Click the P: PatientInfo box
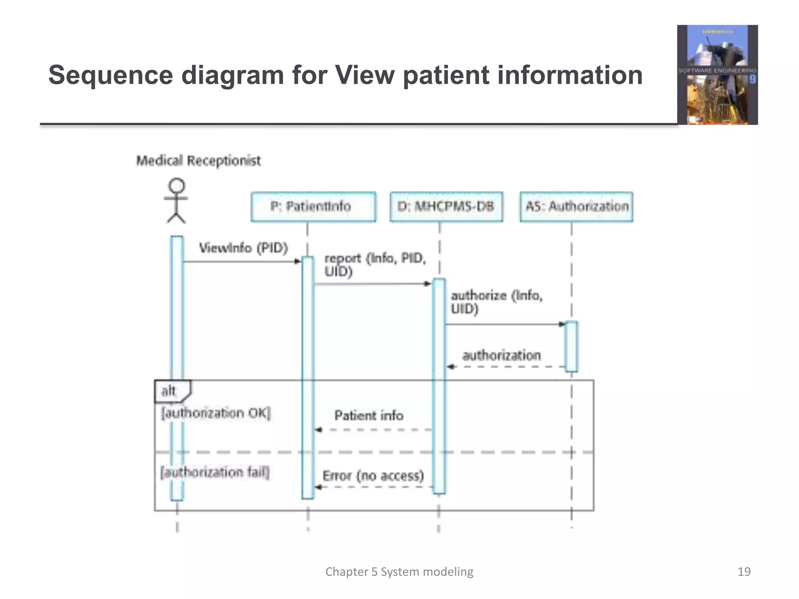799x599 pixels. [x=313, y=207]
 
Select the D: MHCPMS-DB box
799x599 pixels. [x=446, y=207]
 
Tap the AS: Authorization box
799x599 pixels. [x=576, y=207]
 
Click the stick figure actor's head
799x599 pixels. [x=177, y=186]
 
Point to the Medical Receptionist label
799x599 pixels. [x=198, y=161]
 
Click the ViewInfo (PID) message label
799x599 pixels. [x=243, y=248]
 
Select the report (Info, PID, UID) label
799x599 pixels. [x=375, y=264]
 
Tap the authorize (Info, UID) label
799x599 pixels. [x=496, y=302]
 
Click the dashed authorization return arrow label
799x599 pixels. [x=501, y=355]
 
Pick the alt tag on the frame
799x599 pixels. [x=169, y=391]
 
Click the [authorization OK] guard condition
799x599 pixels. [x=216, y=413]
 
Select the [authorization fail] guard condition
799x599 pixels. [x=215, y=472]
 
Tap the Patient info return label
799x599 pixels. [x=369, y=416]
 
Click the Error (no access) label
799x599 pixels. [x=373, y=476]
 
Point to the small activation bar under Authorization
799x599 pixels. [x=571, y=346]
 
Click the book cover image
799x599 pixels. [x=717, y=75]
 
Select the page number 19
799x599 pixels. [x=744, y=572]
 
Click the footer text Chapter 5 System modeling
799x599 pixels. [x=399, y=572]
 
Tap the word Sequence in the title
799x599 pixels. [x=110, y=75]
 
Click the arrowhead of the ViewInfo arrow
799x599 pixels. [x=298, y=261]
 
